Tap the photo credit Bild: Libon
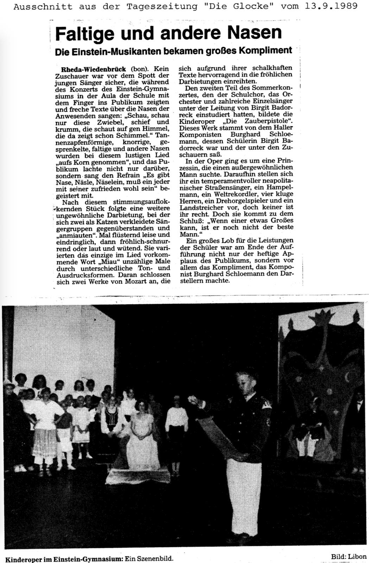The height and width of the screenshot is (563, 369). click(348, 556)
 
